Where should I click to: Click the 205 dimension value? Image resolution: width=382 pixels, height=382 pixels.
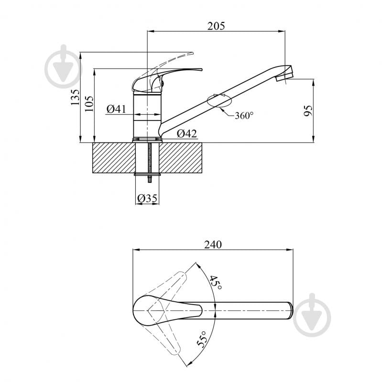pyautogui.click(x=216, y=26)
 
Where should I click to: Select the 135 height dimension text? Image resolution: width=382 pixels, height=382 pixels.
pyautogui.click(x=75, y=97)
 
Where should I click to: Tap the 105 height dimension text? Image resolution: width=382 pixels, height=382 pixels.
pyautogui.click(x=89, y=104)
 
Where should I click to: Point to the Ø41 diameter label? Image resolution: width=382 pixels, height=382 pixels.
pyautogui.click(x=117, y=109)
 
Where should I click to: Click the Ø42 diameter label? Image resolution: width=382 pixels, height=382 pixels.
pyautogui.click(x=187, y=133)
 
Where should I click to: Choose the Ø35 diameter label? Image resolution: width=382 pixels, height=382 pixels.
pyautogui.click(x=147, y=198)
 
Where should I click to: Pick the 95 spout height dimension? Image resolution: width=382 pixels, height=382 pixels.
pyautogui.click(x=308, y=110)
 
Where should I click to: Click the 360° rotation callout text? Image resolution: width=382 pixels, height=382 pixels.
pyautogui.click(x=244, y=116)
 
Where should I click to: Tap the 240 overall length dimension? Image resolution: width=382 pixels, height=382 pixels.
pyautogui.click(x=213, y=245)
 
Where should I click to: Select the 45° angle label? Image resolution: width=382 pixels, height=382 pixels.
pyautogui.click(x=216, y=283)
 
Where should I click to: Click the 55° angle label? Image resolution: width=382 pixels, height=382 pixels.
pyautogui.click(x=202, y=339)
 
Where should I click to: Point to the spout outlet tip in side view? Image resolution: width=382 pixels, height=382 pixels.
pyautogui.click(x=284, y=78)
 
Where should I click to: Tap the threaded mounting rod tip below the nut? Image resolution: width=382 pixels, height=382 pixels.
pyautogui.click(x=149, y=181)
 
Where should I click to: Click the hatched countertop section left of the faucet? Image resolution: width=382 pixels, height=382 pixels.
pyautogui.click(x=114, y=158)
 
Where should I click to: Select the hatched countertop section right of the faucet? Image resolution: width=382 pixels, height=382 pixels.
pyautogui.click(x=181, y=158)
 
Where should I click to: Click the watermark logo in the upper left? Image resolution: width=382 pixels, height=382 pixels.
pyautogui.click(x=63, y=66)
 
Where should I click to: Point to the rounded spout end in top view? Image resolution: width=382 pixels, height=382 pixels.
pyautogui.click(x=290, y=311)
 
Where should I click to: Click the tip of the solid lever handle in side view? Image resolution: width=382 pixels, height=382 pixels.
pyautogui.click(x=201, y=69)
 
